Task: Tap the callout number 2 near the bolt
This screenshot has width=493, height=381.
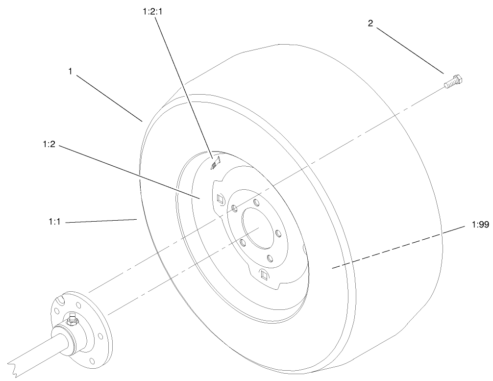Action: tap(370, 23)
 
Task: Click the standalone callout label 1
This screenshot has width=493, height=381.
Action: tap(71, 71)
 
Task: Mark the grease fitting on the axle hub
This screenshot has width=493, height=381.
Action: tap(72, 319)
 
